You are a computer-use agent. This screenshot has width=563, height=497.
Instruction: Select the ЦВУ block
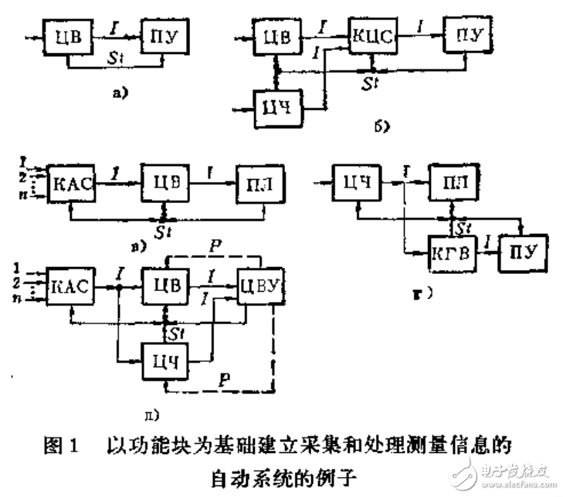(259, 286)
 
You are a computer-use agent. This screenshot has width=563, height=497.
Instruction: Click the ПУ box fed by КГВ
(521, 252)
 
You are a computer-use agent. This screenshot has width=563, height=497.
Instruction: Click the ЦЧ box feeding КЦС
(277, 103)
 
